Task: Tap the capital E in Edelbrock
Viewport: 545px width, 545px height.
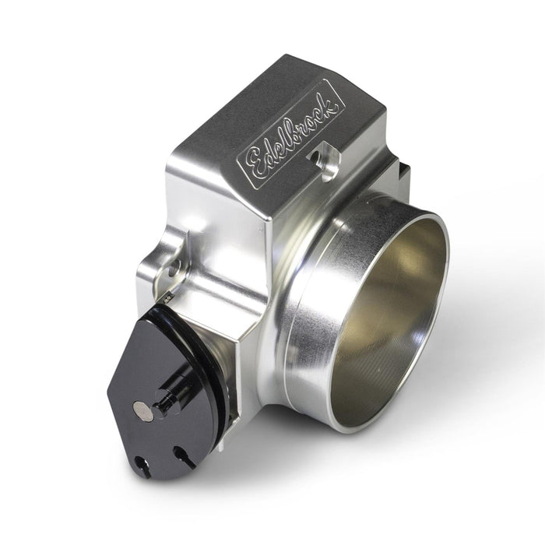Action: point(256,163)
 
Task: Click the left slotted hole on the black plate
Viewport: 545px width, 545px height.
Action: point(142,465)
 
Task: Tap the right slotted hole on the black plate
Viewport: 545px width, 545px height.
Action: point(183,455)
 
